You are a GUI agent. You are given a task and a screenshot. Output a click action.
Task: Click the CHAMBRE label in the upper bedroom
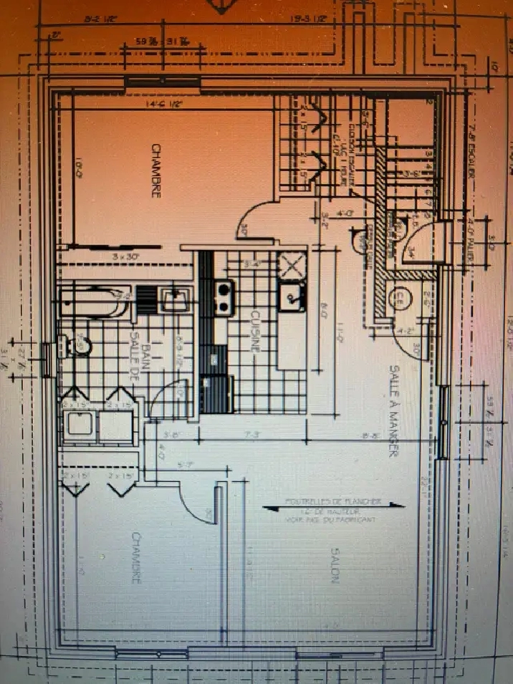[155, 170]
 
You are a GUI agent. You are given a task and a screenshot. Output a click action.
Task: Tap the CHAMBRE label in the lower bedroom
[135, 557]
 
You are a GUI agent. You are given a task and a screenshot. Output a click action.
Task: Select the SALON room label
[334, 565]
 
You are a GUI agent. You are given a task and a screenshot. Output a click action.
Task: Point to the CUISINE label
[254, 330]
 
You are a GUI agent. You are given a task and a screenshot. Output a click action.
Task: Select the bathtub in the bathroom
[93, 301]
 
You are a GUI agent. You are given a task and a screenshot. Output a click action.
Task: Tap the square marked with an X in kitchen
[292, 266]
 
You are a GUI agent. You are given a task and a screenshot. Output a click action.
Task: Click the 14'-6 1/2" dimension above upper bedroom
[164, 105]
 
